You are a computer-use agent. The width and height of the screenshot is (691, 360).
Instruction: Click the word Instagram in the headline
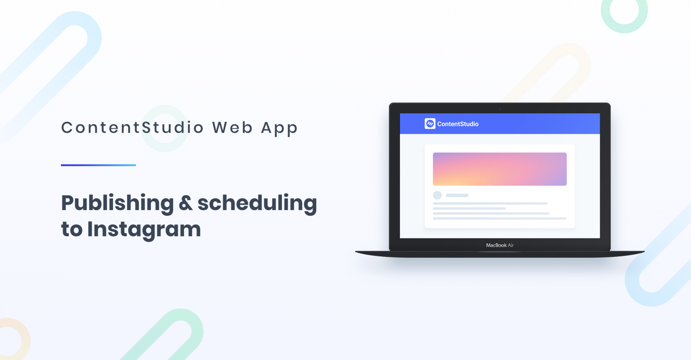(x=144, y=229)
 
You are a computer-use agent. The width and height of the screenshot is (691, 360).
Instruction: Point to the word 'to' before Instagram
(x=72, y=229)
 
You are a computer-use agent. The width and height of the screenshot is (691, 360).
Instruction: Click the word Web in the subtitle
(x=232, y=127)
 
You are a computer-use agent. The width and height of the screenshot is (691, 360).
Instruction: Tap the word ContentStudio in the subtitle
(x=132, y=127)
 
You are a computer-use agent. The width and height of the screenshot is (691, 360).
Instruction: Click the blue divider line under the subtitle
(x=98, y=165)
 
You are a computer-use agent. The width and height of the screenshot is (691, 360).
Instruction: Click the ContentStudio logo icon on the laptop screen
(x=430, y=124)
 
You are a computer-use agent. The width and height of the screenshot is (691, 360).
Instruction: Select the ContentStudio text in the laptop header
(x=458, y=124)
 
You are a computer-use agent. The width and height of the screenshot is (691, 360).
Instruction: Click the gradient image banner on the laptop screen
(x=500, y=169)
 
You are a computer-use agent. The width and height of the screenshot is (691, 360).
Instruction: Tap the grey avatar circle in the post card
(x=437, y=195)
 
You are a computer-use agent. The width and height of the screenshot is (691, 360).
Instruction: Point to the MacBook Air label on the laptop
(x=500, y=245)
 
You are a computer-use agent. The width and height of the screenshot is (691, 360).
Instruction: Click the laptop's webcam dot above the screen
(x=500, y=109)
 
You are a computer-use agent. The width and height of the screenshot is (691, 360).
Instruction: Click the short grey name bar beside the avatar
(x=457, y=196)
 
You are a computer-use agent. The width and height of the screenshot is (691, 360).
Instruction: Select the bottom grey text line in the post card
(x=500, y=219)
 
